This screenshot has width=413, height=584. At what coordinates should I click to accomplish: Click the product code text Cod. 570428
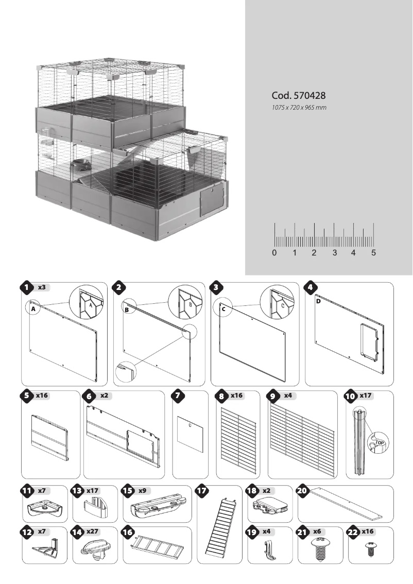298,96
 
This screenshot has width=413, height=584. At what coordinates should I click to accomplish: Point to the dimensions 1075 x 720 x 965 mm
299,108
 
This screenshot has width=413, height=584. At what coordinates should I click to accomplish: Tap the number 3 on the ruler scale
334,253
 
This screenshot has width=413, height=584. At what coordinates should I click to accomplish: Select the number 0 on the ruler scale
274,253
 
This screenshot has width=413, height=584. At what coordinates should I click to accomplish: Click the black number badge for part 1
26,288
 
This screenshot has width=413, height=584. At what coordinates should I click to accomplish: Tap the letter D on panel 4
318,301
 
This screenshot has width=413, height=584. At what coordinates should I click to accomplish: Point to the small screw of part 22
369,550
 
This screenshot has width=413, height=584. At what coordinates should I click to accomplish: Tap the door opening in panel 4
369,340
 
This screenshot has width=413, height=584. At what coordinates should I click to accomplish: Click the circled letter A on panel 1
32,309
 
